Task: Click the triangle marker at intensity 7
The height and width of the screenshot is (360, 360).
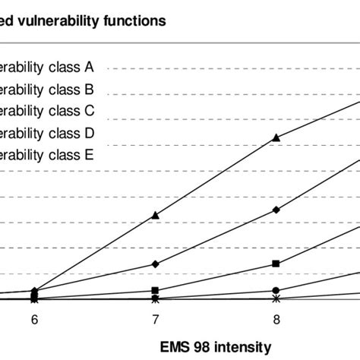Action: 155,216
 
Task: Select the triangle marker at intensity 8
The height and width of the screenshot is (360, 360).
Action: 276,137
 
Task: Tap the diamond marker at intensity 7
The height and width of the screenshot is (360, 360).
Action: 155,264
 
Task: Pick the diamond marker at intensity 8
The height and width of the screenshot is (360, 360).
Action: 276,210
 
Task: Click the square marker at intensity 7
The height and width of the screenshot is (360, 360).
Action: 155,290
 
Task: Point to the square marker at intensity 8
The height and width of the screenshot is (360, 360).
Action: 276,264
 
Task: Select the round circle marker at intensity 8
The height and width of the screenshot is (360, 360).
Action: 276,290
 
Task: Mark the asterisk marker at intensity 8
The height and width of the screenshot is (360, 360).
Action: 276,299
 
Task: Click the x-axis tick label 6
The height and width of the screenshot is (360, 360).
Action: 34,320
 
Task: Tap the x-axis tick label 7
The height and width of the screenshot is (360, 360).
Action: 155,320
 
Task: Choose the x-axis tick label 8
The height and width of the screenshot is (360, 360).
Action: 276,320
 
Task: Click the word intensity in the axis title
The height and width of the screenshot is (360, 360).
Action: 245,347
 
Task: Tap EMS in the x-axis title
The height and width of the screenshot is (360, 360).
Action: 173,347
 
